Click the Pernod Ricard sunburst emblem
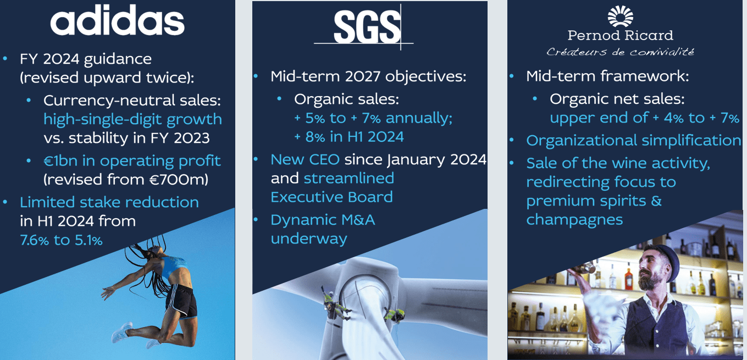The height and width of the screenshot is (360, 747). coord(620,16)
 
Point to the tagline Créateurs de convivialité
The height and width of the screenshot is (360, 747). coord(620,52)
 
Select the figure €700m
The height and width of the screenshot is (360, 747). coord(184,179)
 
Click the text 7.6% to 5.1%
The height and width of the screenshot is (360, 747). coord(61,240)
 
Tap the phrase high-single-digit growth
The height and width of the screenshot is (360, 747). coord(132,119)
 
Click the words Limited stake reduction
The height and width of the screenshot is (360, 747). coord(109,202)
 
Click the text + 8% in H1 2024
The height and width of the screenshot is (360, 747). coord(349,136)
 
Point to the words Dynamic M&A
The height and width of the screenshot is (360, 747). coord(322,220)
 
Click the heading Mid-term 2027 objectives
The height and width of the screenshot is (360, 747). coord(368,76)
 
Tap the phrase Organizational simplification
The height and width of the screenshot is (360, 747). coord(633,141)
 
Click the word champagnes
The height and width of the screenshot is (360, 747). coord(574,220)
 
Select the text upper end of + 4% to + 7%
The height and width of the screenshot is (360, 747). coord(644,119)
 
